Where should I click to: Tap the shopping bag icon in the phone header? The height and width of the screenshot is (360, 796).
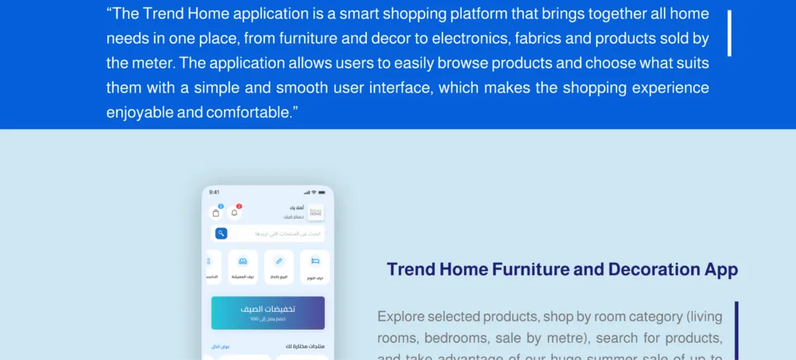pyautogui.click(x=216, y=213)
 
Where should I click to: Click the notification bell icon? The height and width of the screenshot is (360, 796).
pyautogui.click(x=234, y=213)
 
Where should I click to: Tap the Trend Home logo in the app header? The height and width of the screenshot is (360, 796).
pyautogui.click(x=316, y=212)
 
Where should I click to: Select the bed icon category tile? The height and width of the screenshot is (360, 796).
pyautogui.click(x=315, y=264)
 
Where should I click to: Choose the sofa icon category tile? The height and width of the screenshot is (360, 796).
pyautogui.click(x=243, y=264)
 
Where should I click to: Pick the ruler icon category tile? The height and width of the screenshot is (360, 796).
pyautogui.click(x=279, y=264)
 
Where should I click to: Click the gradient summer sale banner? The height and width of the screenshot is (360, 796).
pyautogui.click(x=267, y=313)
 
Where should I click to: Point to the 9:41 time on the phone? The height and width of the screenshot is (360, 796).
pyautogui.click(x=215, y=192)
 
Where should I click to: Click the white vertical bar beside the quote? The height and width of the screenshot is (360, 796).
pyautogui.click(x=729, y=33)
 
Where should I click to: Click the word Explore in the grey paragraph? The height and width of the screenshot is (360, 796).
pyautogui.click(x=400, y=316)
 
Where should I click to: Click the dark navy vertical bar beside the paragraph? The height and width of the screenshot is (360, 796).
pyautogui.click(x=735, y=330)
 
